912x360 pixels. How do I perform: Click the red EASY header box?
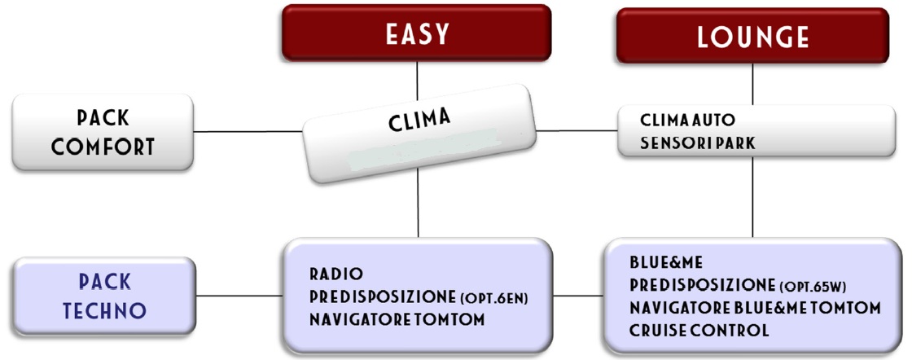tap(416, 33)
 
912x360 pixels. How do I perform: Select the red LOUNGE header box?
tap(752, 36)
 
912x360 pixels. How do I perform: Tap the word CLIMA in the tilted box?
tap(419, 121)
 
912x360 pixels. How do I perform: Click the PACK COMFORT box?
tap(103, 132)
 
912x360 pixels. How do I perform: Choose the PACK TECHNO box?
tap(104, 296)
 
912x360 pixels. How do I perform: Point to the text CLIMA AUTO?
tap(687, 121)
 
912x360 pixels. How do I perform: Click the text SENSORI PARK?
tap(697, 143)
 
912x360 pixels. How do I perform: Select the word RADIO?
tap(336, 274)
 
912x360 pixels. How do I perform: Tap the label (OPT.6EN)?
tap(497, 298)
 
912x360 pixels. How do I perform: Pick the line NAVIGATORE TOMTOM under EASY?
tap(397, 320)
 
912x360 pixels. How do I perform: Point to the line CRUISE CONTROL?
tap(699, 331)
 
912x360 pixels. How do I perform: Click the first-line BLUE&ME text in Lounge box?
tap(666, 263)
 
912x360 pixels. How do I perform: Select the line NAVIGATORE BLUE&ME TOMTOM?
tap(755, 308)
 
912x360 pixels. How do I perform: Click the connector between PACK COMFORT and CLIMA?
tap(248, 131)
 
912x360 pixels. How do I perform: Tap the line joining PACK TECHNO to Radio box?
tap(239, 296)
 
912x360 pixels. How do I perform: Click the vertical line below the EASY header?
tap(417, 81)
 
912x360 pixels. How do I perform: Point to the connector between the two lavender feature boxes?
tap(578, 296)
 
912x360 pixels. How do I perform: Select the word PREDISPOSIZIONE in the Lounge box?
tap(702, 286)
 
